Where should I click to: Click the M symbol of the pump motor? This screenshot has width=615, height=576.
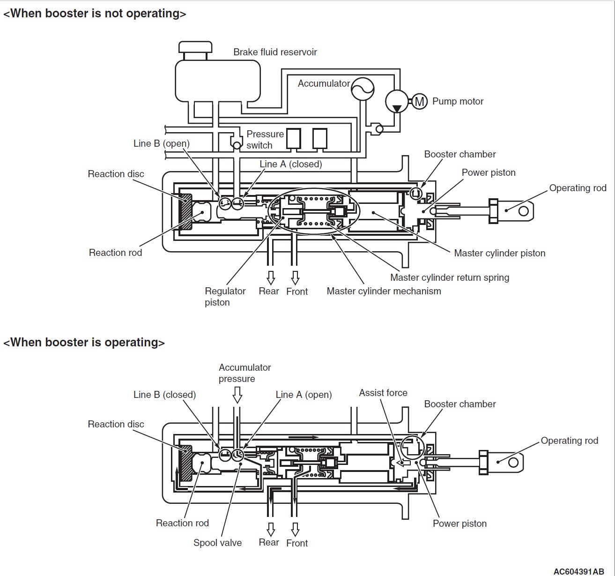click(420, 101)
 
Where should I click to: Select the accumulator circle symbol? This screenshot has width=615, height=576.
click(363, 89)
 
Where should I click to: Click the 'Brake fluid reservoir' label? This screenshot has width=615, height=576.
click(275, 52)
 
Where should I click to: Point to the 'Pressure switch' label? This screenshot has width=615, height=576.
click(265, 140)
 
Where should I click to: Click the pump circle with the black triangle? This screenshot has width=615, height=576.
click(397, 101)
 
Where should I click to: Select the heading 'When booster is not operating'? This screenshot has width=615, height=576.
click(95, 14)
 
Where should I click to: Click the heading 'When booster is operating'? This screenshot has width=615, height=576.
click(84, 343)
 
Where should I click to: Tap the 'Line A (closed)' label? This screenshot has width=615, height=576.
click(291, 164)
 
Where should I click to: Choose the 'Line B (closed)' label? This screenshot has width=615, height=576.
click(164, 395)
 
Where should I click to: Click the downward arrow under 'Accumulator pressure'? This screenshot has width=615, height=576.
click(237, 395)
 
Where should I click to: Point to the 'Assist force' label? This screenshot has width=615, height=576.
click(383, 393)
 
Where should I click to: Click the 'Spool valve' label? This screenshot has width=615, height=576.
click(217, 543)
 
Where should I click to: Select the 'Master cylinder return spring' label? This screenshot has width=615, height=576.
click(450, 277)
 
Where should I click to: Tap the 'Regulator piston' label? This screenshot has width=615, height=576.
click(225, 296)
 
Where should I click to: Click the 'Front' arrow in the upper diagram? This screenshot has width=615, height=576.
click(295, 277)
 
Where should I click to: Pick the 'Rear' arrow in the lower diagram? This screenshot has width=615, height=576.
click(271, 529)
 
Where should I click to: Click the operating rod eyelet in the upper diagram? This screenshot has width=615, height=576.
click(524, 210)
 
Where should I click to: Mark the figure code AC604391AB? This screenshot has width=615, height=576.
click(578, 571)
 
